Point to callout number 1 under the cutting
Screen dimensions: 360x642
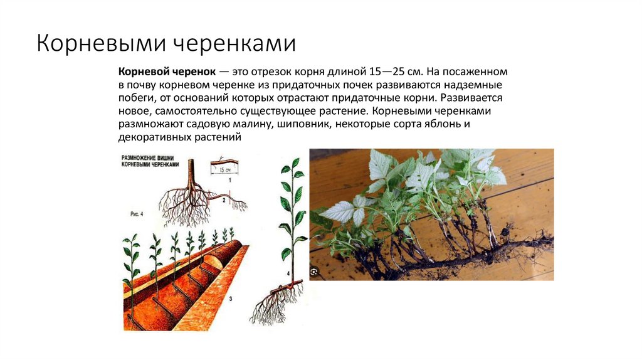229,181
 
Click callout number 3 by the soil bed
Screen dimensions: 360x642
230,300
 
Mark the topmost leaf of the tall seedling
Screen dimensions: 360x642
294,162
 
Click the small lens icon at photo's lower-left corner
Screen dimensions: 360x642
315,272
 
